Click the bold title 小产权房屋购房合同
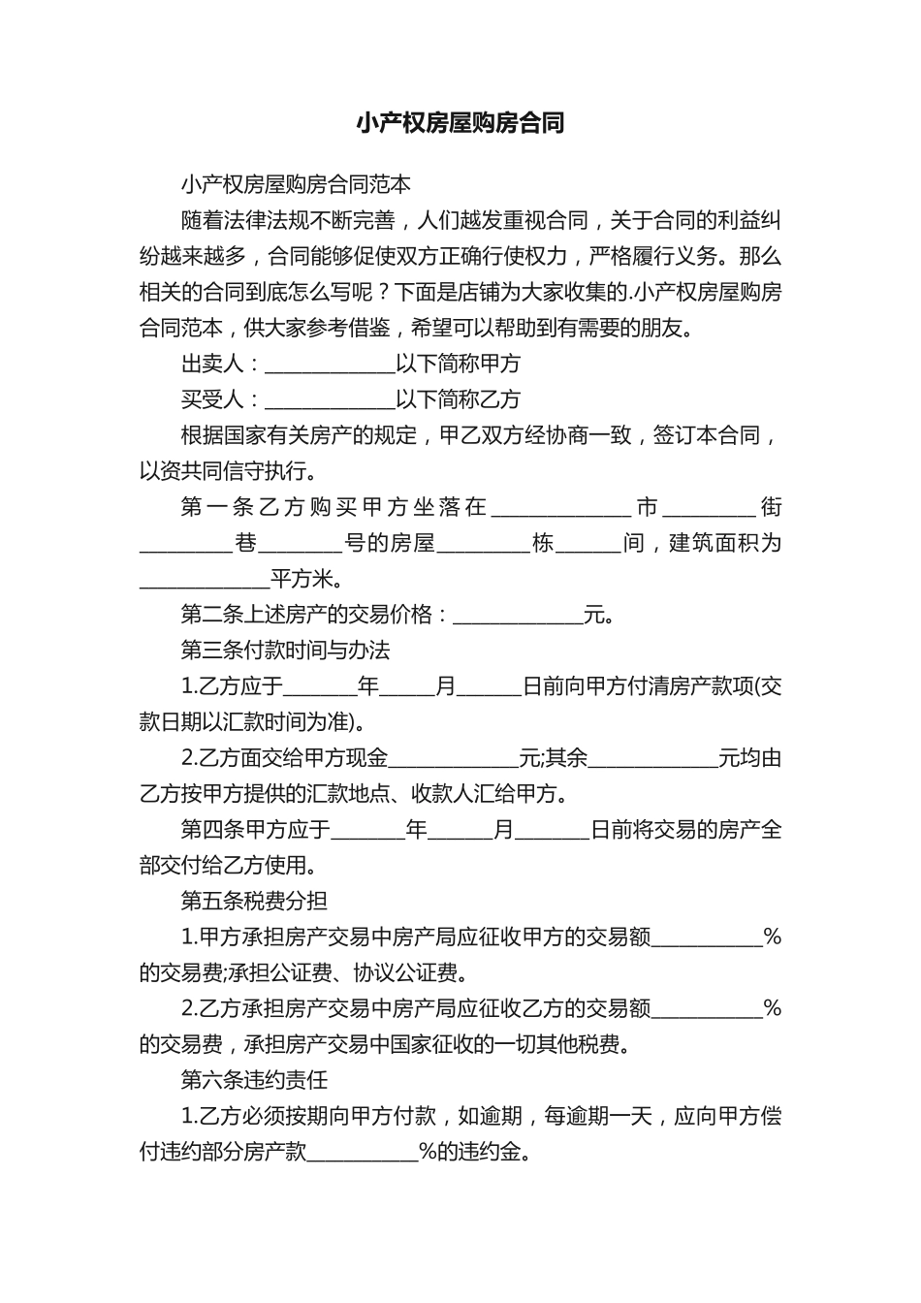click(460, 123)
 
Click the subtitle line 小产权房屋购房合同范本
click(296, 184)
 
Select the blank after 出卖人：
click(330, 365)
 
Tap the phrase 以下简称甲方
click(459, 365)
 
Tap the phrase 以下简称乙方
click(459, 400)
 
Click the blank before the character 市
click(562, 509)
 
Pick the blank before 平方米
click(205, 582)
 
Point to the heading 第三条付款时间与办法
click(286, 650)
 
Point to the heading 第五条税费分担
click(254, 901)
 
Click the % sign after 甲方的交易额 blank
click(772, 937)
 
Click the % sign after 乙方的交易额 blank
click(772, 1009)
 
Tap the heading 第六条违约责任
click(254, 1080)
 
